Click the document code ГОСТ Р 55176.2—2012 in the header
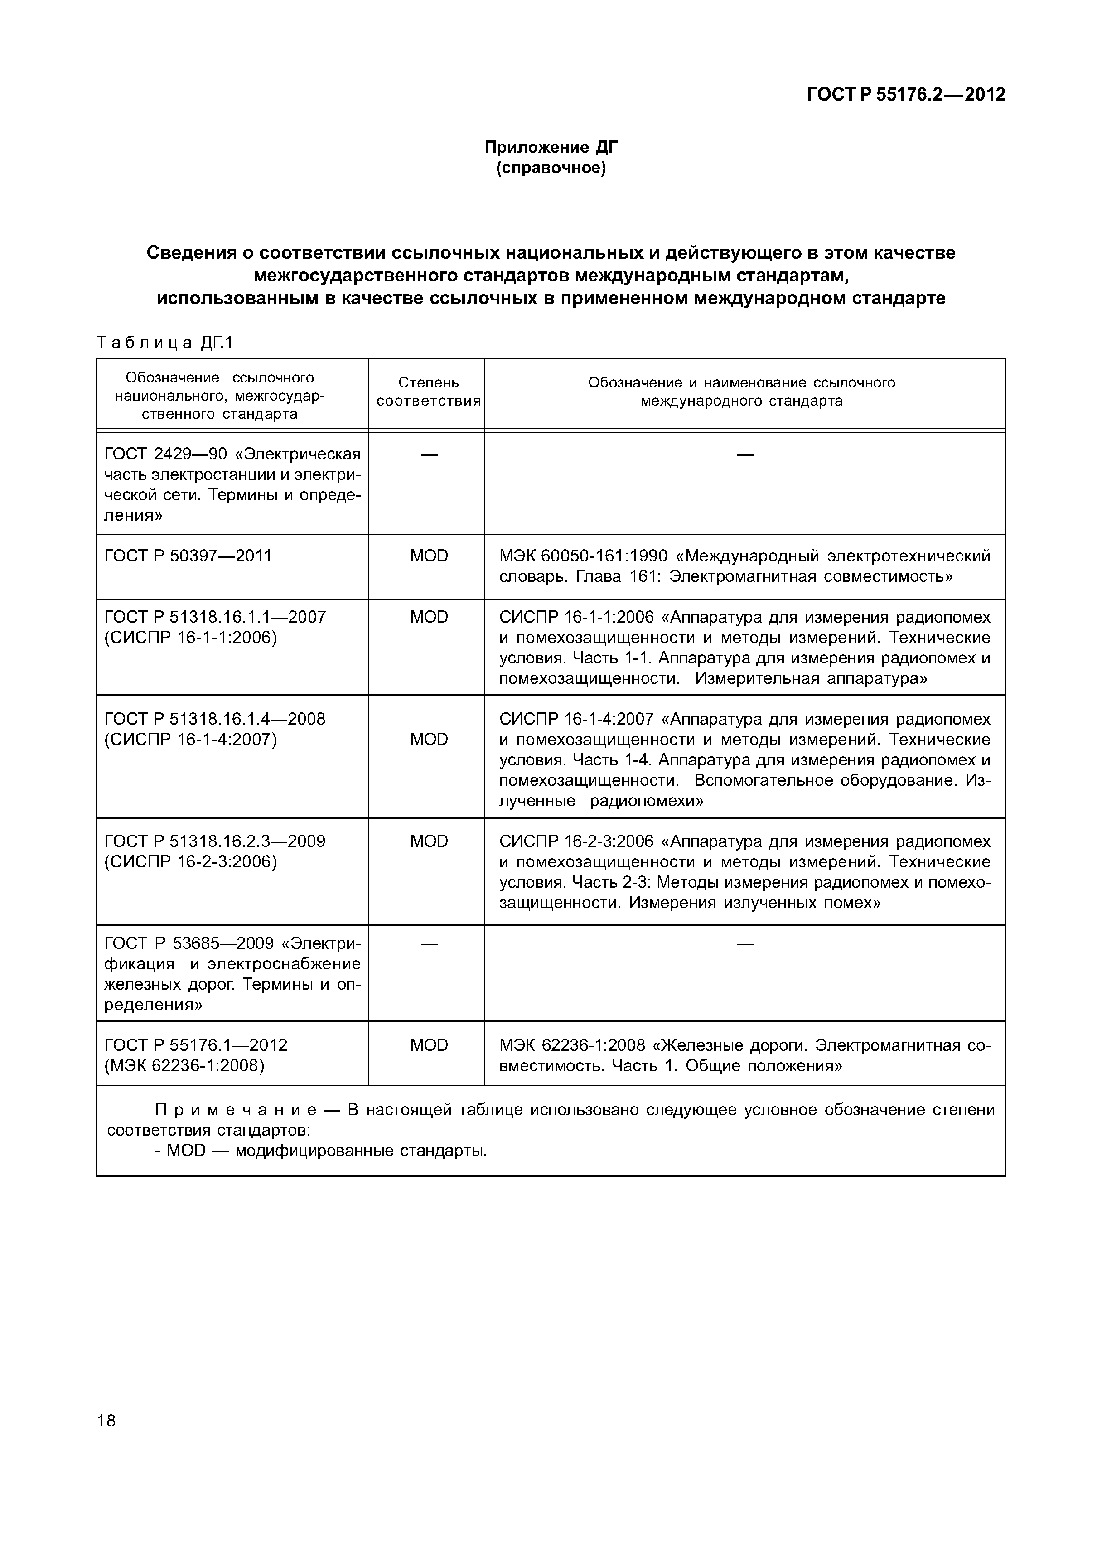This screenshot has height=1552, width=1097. pyautogui.click(x=906, y=95)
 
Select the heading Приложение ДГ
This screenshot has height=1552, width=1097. pyautogui.click(x=551, y=147)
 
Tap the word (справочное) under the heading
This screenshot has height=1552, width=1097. pyautogui.click(x=551, y=168)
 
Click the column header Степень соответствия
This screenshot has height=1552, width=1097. pyautogui.click(x=429, y=392)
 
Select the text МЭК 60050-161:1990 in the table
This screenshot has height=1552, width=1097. pyautogui.click(x=583, y=556)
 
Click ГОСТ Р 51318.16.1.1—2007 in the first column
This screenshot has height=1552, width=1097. pyautogui.click(x=215, y=617)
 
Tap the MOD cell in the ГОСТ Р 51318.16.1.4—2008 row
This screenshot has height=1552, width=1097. pyautogui.click(x=429, y=740)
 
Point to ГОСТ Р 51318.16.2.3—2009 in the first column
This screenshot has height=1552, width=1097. pyautogui.click(x=215, y=841)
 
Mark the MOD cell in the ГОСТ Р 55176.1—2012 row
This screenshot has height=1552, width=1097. pyautogui.click(x=429, y=1046)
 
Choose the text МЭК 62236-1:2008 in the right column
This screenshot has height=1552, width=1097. pyautogui.click(x=572, y=1046)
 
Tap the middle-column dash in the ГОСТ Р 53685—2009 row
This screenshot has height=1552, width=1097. pyautogui.click(x=429, y=943)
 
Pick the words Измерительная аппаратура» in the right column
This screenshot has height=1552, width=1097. pyautogui.click(x=811, y=679)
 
